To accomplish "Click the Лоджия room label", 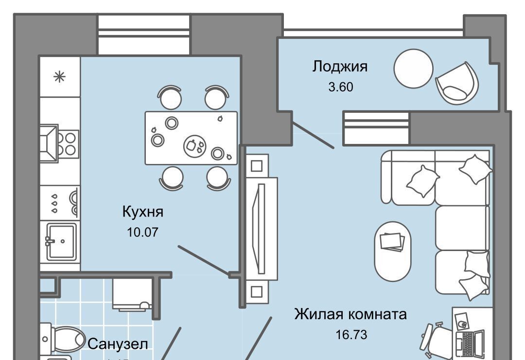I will (x=340, y=67).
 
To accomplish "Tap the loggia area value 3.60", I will (x=340, y=88).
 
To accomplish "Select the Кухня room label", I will (x=142, y=212).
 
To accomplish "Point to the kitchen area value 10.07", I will (x=142, y=232).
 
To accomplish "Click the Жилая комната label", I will (x=350, y=314).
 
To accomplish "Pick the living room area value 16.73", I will (x=350, y=335).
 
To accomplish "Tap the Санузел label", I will (x=118, y=344).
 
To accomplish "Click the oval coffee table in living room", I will (x=392, y=251).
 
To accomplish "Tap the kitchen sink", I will (x=61, y=241).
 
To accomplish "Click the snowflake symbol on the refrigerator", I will (x=59, y=76).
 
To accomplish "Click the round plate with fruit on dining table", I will (x=194, y=144).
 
